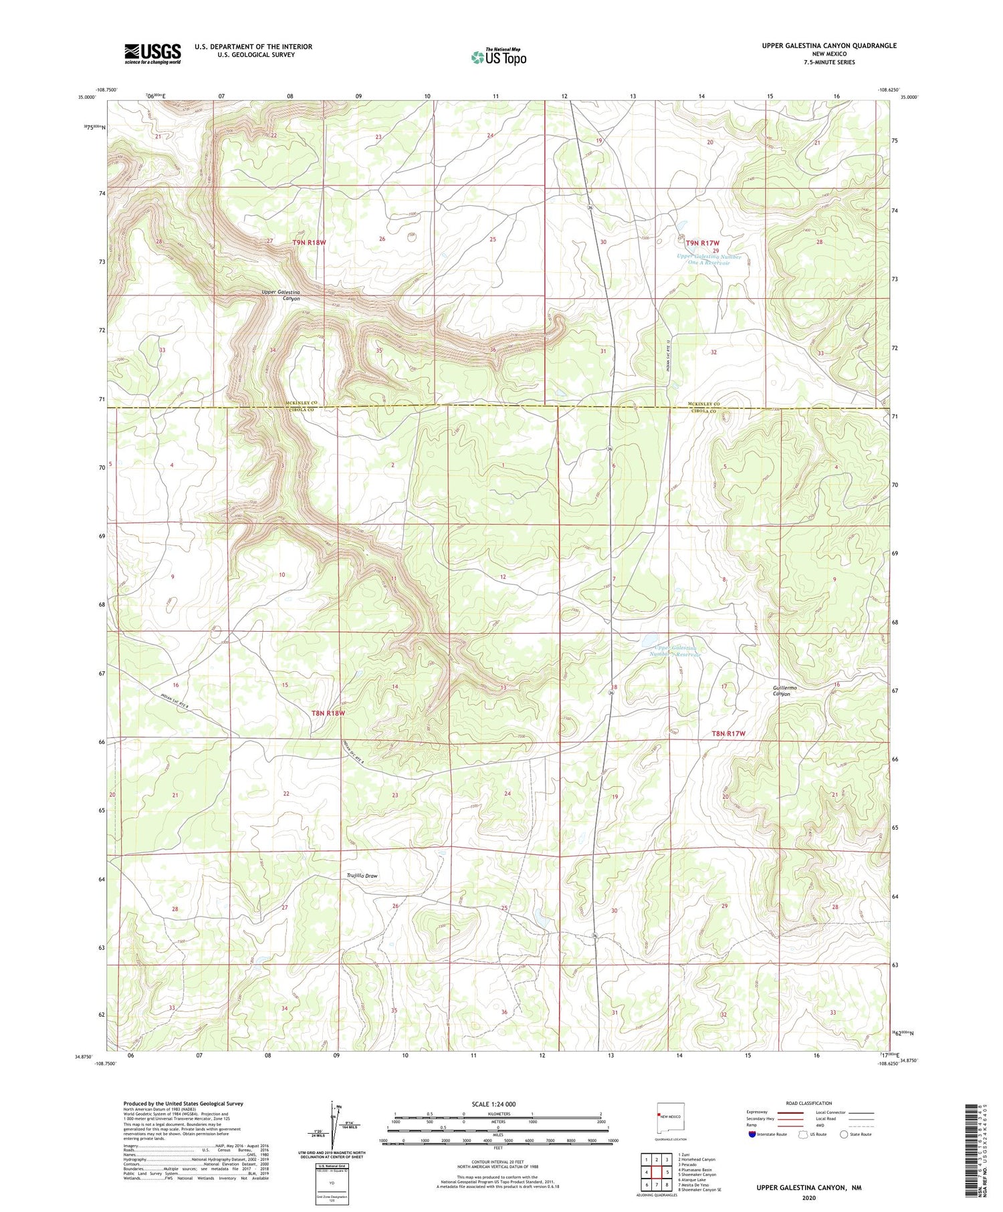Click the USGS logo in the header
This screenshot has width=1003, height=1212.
coord(152,53)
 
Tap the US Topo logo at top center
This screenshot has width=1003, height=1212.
coord(498,57)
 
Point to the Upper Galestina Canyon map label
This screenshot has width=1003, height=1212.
coord(282,295)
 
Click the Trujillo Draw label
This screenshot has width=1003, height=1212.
coord(362,875)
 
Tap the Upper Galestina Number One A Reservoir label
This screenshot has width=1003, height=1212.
coord(709,259)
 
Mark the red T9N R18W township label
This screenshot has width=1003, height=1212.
coord(309,242)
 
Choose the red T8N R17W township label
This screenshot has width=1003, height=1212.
coord(728,733)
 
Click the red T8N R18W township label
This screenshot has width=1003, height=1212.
coord(328,713)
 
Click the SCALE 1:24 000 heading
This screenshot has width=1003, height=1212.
coord(494,1104)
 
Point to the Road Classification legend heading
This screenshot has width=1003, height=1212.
coord(809,1103)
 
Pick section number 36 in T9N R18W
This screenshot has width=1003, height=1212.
coord(493,350)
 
